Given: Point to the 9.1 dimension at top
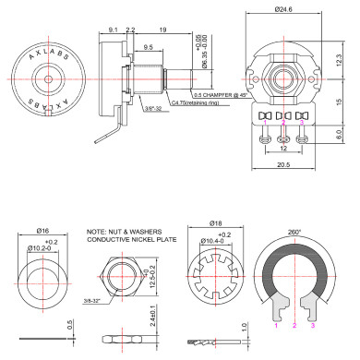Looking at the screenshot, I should pyautogui.click(x=112, y=30).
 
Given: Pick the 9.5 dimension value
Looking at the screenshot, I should pyautogui.click(x=149, y=47).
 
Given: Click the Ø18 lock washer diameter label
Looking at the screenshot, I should pyautogui.click(x=217, y=225).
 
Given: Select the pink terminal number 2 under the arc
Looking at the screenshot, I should pyautogui.click(x=294, y=326).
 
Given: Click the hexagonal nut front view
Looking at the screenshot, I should pyautogui.click(x=123, y=276).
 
